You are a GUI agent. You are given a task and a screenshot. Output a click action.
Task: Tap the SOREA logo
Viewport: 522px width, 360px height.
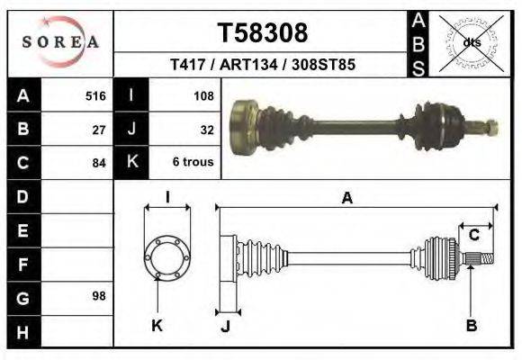(60, 41)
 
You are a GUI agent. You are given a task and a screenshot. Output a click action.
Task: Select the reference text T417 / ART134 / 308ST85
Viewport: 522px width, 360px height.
(262, 65)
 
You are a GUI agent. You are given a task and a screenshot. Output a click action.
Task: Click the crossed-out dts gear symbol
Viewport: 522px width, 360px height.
(472, 41)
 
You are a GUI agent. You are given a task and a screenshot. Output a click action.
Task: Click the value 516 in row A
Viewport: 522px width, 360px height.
(95, 95)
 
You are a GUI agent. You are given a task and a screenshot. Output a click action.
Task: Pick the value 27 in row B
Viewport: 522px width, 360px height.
(100, 129)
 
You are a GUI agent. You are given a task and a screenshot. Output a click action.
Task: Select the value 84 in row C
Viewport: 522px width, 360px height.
(100, 163)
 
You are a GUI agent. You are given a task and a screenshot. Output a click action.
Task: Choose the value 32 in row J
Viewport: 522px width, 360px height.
(205, 129)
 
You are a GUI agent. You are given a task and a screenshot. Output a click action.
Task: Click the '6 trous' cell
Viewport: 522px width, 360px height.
(193, 163)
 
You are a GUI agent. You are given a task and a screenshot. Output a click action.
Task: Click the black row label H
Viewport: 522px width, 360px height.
(23, 332)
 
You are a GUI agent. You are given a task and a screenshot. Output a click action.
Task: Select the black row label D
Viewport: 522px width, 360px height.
(23, 195)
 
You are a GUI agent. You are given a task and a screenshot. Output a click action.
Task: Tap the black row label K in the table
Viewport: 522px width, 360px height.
(132, 163)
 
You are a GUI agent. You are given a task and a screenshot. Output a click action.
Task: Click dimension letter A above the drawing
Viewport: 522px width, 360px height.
(347, 200)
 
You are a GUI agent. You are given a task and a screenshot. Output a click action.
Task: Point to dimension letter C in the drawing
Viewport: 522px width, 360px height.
(473, 236)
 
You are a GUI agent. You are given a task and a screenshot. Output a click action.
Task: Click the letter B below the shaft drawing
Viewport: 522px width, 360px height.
(471, 326)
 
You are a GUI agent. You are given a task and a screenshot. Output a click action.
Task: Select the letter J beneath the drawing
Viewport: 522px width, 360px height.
(225, 327)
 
